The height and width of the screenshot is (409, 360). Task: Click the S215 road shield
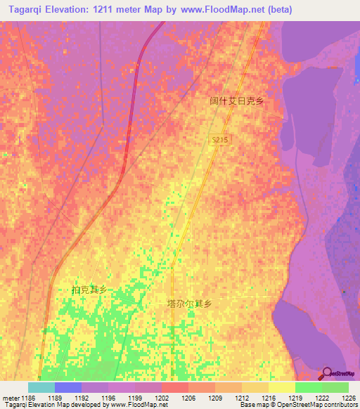[220, 141]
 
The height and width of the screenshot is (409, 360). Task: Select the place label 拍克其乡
[89, 290]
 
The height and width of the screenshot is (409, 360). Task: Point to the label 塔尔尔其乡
[189, 304]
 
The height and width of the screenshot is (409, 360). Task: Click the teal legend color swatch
[41, 387]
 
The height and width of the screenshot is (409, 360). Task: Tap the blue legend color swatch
[68, 387]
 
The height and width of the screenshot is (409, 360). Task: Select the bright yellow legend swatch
[282, 387]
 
